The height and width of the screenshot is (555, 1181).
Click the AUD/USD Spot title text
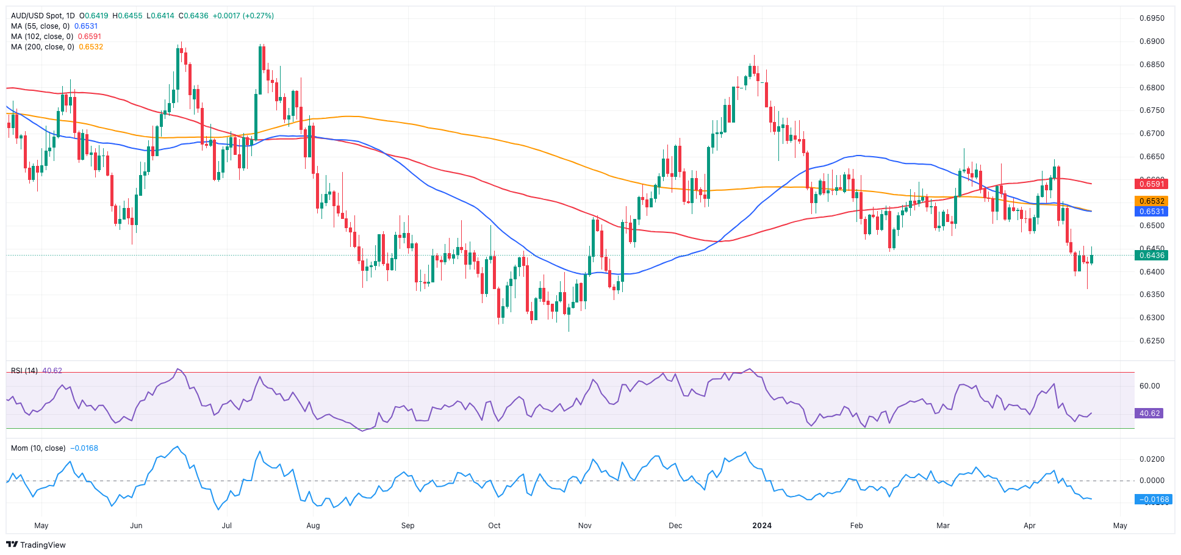pos(43,16)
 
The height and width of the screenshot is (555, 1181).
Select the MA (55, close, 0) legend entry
pos(40,26)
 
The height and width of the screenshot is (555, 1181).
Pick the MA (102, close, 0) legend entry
pos(42,37)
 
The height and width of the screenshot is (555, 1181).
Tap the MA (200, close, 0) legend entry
pos(42,47)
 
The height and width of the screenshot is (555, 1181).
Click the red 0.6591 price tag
pos(1150,184)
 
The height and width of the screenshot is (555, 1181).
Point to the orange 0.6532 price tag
pos(1150,201)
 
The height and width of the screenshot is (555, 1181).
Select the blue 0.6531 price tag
pos(1150,212)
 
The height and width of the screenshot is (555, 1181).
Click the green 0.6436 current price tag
pos(1150,256)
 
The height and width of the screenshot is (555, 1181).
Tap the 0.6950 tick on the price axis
pos(1152,18)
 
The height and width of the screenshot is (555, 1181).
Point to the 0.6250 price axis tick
pos(1152,341)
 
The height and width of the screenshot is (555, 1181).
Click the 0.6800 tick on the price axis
pos(1152,88)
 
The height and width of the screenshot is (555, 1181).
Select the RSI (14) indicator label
pos(24,371)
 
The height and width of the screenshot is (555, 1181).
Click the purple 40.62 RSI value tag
pos(1149,414)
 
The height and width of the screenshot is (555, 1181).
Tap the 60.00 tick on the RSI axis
pos(1149,386)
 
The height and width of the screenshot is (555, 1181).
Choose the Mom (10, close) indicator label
pos(38,448)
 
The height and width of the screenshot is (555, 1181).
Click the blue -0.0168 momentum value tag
pos(1152,500)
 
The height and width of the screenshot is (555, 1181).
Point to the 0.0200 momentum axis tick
pos(1152,459)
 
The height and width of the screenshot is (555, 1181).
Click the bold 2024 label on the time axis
pos(762,526)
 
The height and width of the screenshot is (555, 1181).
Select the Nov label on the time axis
pos(584,526)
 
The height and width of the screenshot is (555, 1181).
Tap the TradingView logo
pos(37,545)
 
